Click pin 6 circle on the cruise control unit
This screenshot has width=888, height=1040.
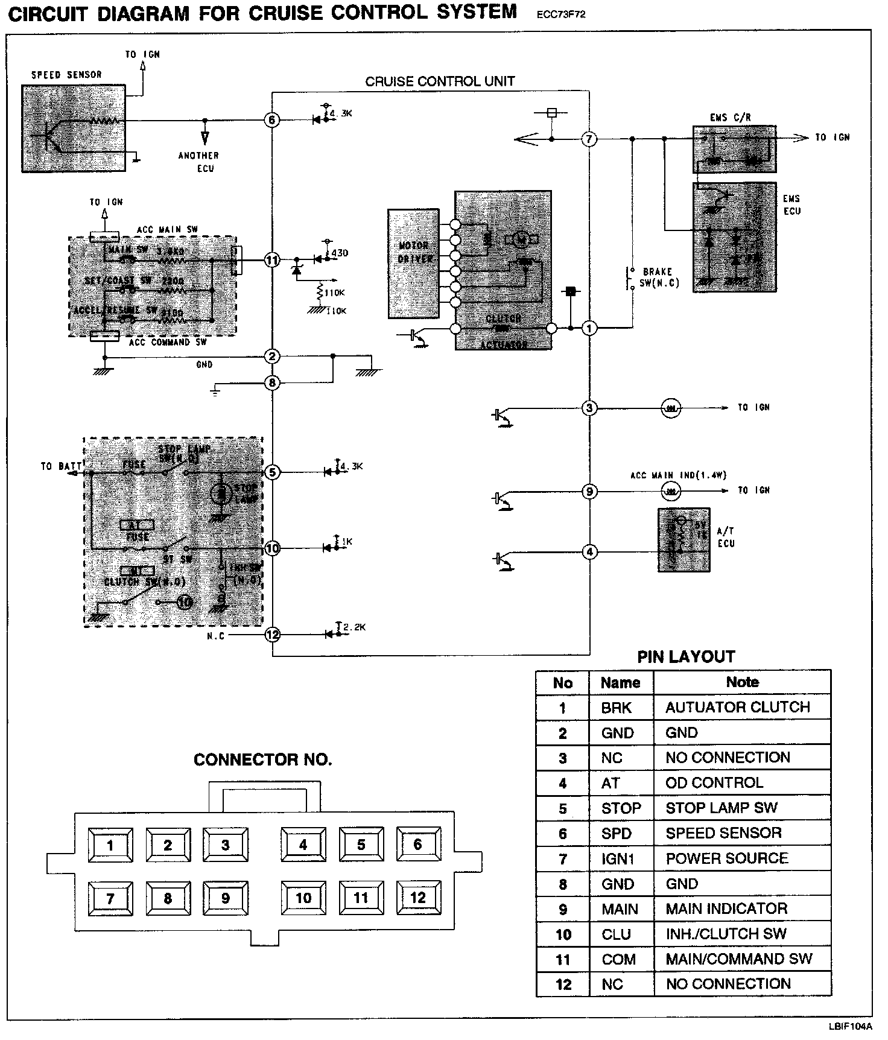(272, 120)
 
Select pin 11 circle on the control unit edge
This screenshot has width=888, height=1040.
(272, 260)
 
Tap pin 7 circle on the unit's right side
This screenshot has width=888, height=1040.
(589, 139)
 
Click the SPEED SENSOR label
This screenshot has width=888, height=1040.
(66, 75)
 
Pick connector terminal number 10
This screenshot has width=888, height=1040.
(303, 898)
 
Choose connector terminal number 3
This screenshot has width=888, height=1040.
(225, 845)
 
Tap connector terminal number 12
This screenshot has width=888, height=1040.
(417, 898)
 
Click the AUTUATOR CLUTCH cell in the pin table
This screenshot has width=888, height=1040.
(737, 707)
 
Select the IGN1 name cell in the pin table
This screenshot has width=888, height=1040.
(618, 858)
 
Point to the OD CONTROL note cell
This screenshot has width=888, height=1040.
(714, 783)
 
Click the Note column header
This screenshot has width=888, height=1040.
(742, 682)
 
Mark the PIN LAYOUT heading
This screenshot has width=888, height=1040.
(686, 657)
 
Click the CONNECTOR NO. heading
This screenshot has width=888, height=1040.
(262, 760)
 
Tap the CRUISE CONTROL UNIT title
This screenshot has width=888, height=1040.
(440, 81)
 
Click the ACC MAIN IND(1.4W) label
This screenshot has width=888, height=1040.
(678, 475)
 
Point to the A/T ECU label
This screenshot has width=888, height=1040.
(726, 537)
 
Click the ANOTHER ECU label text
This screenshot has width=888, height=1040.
(198, 162)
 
